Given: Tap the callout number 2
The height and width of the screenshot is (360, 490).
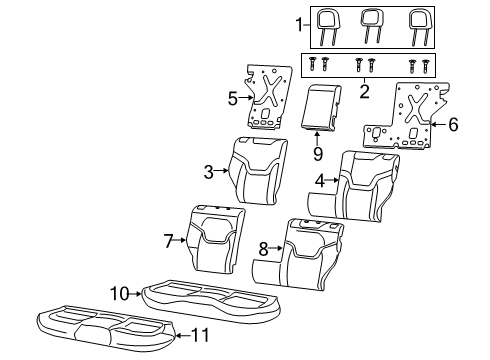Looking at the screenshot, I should click(x=365, y=91).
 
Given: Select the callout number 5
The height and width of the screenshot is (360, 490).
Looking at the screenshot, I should click(x=233, y=99).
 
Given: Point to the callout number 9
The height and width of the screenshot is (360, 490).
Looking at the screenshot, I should click(x=317, y=154).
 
